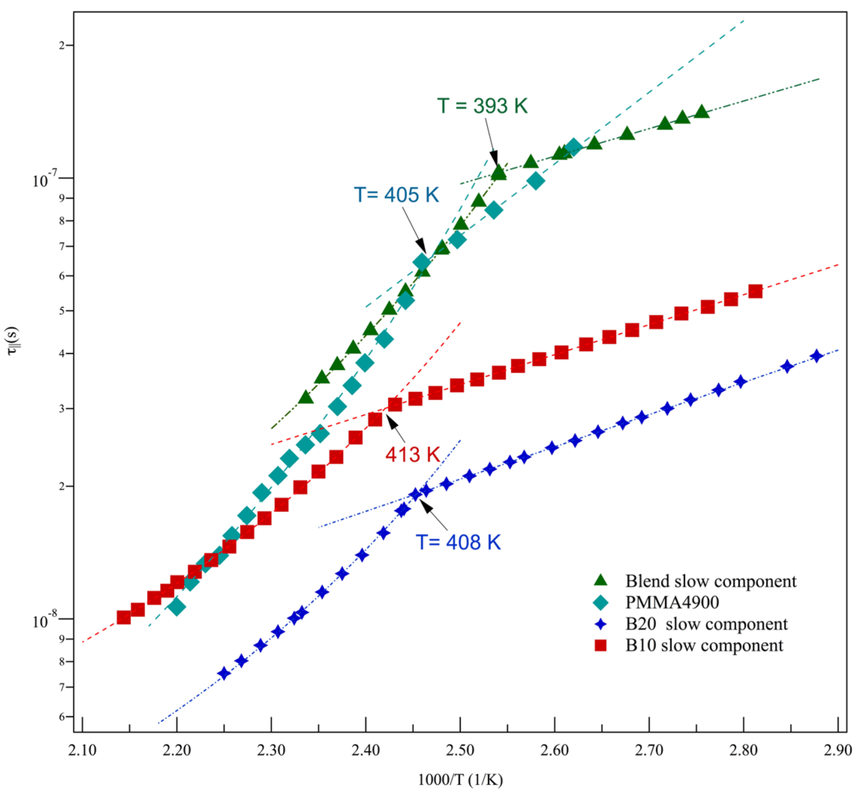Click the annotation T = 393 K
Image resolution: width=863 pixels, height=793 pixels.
click(482, 106)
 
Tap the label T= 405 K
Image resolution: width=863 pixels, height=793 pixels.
click(396, 195)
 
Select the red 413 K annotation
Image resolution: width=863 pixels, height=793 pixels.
click(412, 454)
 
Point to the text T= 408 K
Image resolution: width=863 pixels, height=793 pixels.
click(458, 543)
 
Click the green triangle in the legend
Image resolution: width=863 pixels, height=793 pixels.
click(601, 580)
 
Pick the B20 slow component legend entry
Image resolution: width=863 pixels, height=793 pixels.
click(706, 624)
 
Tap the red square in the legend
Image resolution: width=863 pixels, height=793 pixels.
click(601, 645)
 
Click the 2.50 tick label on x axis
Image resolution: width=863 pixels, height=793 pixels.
click(460, 750)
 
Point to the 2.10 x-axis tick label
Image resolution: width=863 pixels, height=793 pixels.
click(82, 750)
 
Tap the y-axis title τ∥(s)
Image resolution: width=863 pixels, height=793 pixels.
click(12, 341)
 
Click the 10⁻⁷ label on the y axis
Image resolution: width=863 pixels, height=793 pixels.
click(45, 179)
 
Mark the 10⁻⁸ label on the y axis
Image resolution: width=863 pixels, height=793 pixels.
click(45, 620)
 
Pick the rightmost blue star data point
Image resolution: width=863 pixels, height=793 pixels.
click(817, 356)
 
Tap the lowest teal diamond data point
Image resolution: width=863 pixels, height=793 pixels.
click(177, 607)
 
